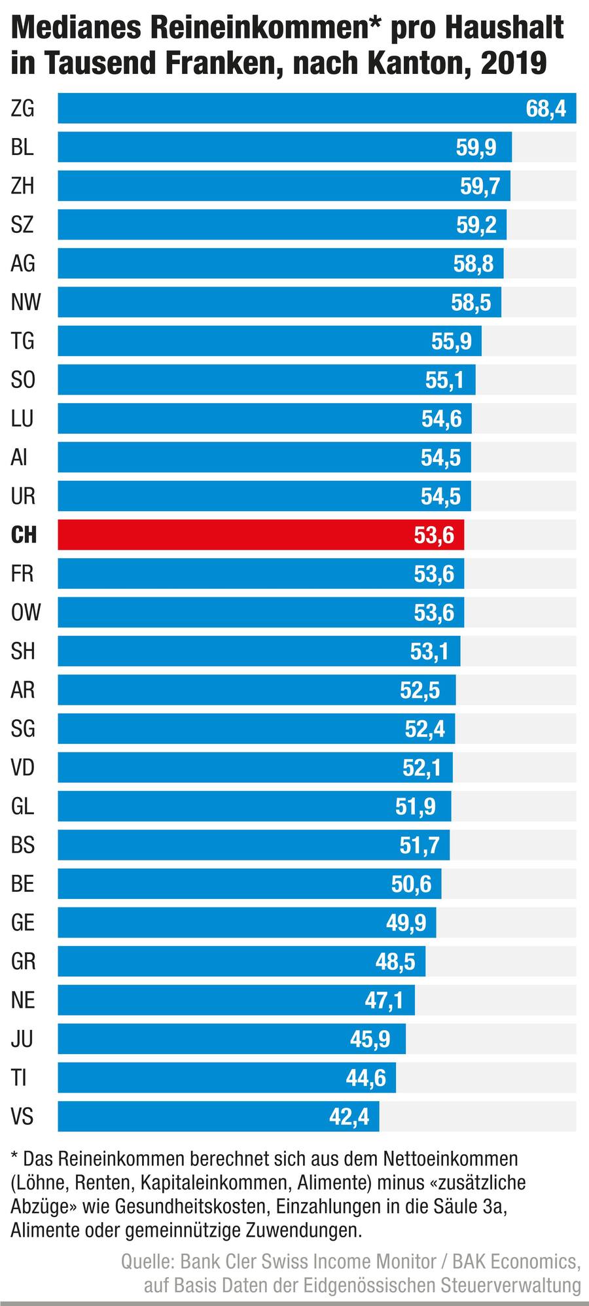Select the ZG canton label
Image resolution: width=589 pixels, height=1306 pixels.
click(x=22, y=108)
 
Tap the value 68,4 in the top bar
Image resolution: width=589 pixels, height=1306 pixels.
click(x=546, y=108)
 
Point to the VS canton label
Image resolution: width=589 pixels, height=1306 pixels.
click(x=22, y=1116)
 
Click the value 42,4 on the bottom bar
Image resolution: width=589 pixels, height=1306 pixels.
click(x=349, y=1116)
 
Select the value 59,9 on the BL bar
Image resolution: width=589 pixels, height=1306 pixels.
click(x=476, y=147)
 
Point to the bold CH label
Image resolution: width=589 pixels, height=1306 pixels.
click(x=24, y=535)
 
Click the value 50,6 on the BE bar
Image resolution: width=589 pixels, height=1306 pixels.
click(x=411, y=884)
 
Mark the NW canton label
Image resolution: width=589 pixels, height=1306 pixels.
click(x=26, y=302)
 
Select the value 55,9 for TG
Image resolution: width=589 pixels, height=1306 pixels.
click(x=451, y=341)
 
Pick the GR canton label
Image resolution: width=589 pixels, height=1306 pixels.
click(x=23, y=961)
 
